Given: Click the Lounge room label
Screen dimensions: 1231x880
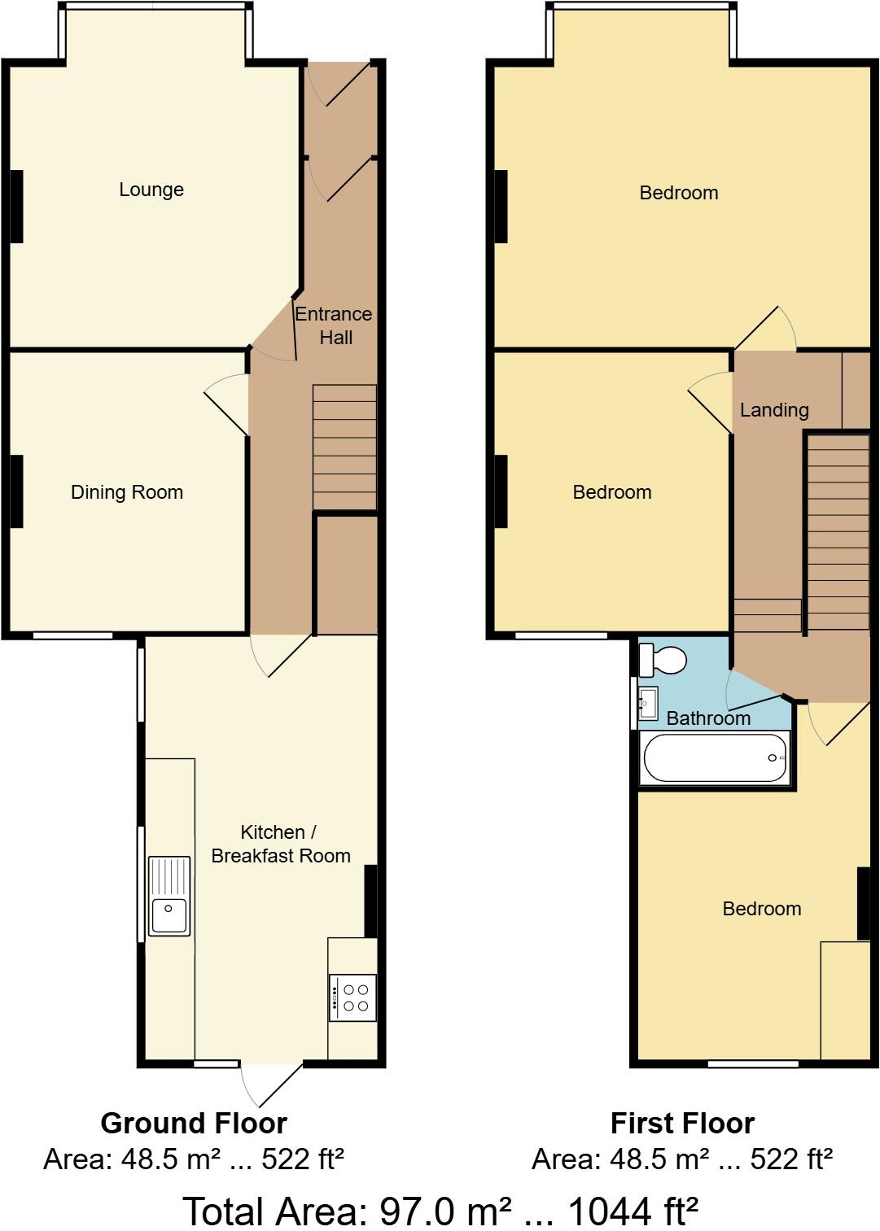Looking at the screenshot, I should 151,190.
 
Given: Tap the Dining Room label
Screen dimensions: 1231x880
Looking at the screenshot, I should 127,492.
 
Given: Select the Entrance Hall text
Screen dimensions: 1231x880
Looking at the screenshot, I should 334,325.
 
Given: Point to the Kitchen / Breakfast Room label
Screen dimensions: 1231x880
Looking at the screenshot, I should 280,844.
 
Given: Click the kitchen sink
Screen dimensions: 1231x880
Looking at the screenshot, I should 169,896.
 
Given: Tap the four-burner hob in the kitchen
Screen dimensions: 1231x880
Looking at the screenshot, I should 352,997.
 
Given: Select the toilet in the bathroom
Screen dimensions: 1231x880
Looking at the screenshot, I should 663,660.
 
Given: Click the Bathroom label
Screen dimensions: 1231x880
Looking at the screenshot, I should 708,718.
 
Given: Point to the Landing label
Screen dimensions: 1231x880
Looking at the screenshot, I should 774,410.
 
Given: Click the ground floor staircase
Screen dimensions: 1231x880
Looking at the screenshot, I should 344,447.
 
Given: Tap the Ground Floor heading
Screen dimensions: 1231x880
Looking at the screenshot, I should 194,1124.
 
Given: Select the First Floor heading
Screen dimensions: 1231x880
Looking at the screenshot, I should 682,1124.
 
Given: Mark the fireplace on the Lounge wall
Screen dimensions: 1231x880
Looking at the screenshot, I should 16,206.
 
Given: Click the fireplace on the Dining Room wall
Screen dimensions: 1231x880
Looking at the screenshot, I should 16,491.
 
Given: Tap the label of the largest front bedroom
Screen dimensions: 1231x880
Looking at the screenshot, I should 679,193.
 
